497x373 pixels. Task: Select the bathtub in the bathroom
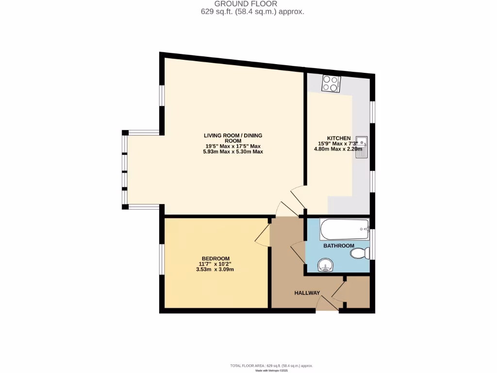click(344, 229)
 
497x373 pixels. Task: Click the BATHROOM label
click(339, 246)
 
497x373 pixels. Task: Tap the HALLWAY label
click(307, 293)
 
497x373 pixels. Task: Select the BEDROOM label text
click(215, 258)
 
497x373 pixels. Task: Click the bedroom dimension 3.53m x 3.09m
click(215, 269)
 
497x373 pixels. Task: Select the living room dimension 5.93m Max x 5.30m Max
click(232, 152)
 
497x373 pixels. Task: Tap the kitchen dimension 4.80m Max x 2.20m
click(338, 150)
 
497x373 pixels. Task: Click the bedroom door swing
click(263, 235)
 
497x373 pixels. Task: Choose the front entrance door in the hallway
click(327, 304)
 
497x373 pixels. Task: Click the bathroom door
click(298, 253)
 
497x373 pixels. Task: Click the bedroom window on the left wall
click(162, 259)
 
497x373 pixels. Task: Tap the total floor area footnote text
click(271, 365)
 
